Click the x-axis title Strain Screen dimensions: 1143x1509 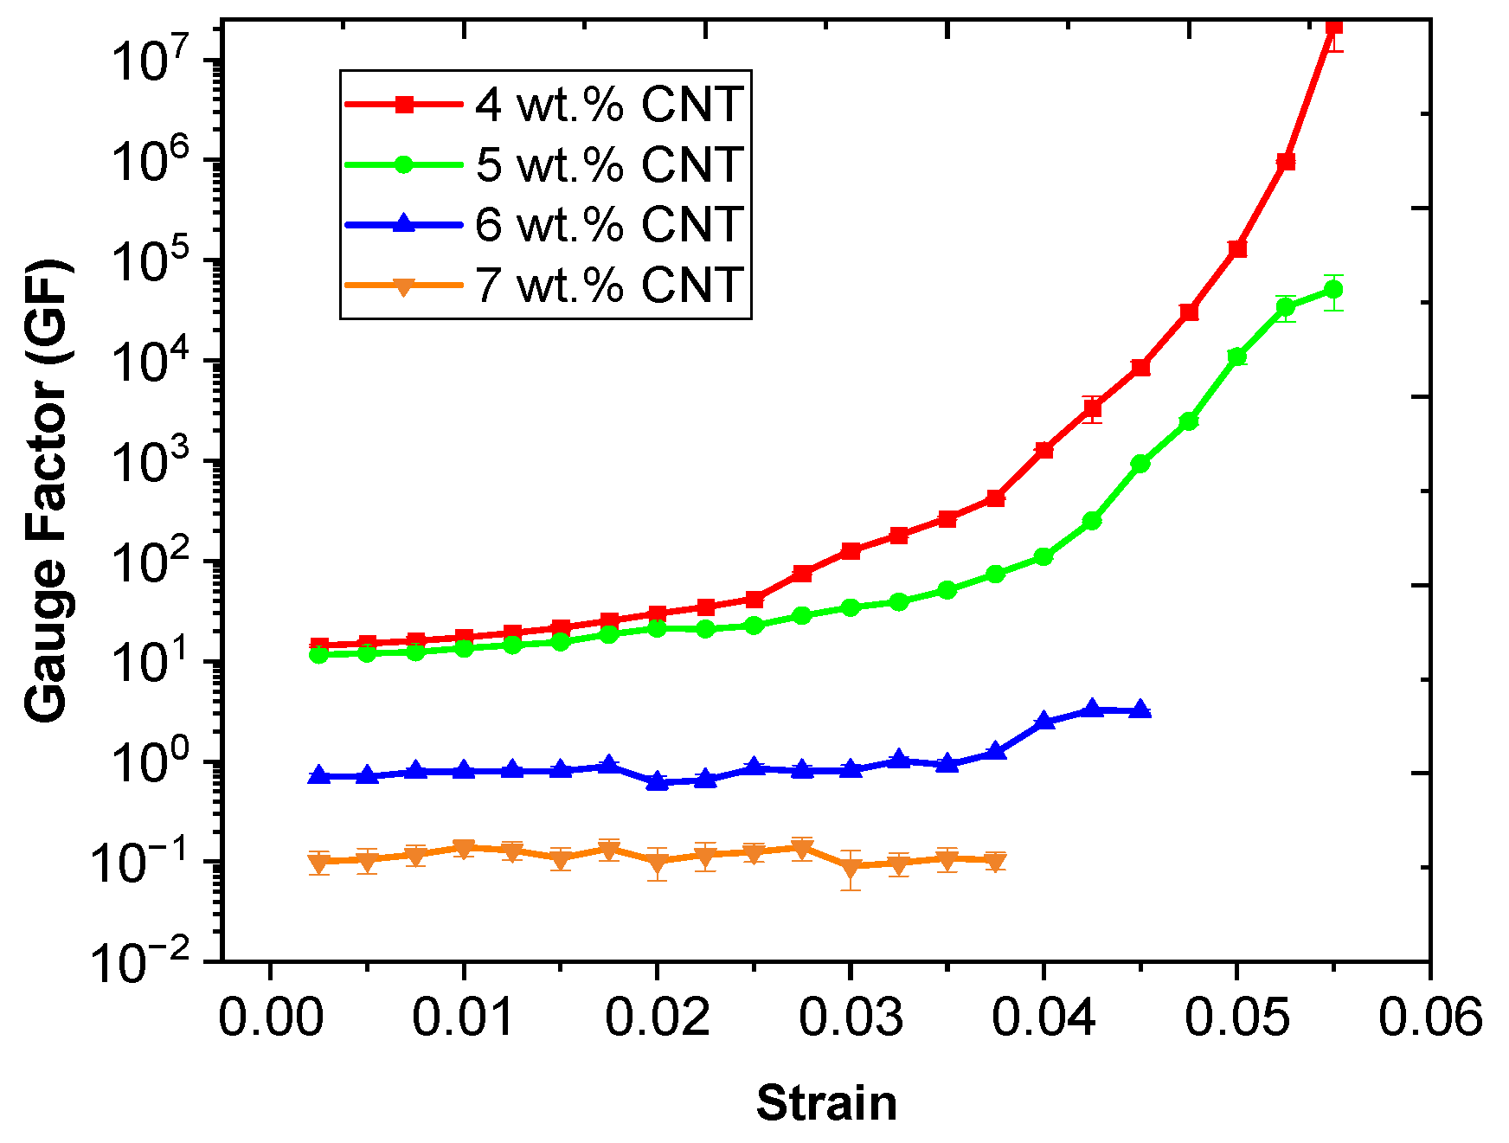click(x=826, y=1103)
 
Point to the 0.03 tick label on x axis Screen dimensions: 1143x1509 click(x=851, y=1018)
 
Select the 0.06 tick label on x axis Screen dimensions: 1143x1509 click(x=1430, y=1018)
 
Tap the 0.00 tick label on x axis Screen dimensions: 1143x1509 click(x=271, y=1018)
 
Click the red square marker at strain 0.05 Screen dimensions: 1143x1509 click(x=1237, y=249)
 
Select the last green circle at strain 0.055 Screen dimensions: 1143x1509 click(x=1334, y=289)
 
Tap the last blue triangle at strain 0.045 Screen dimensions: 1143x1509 click(x=1140, y=710)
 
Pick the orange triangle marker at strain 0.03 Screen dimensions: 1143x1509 click(x=851, y=866)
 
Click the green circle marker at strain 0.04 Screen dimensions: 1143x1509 click(x=1043, y=556)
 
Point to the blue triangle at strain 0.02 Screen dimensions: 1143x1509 click(x=658, y=781)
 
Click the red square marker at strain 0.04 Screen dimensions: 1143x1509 click(x=1043, y=450)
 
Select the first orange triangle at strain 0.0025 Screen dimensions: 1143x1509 click(x=319, y=862)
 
